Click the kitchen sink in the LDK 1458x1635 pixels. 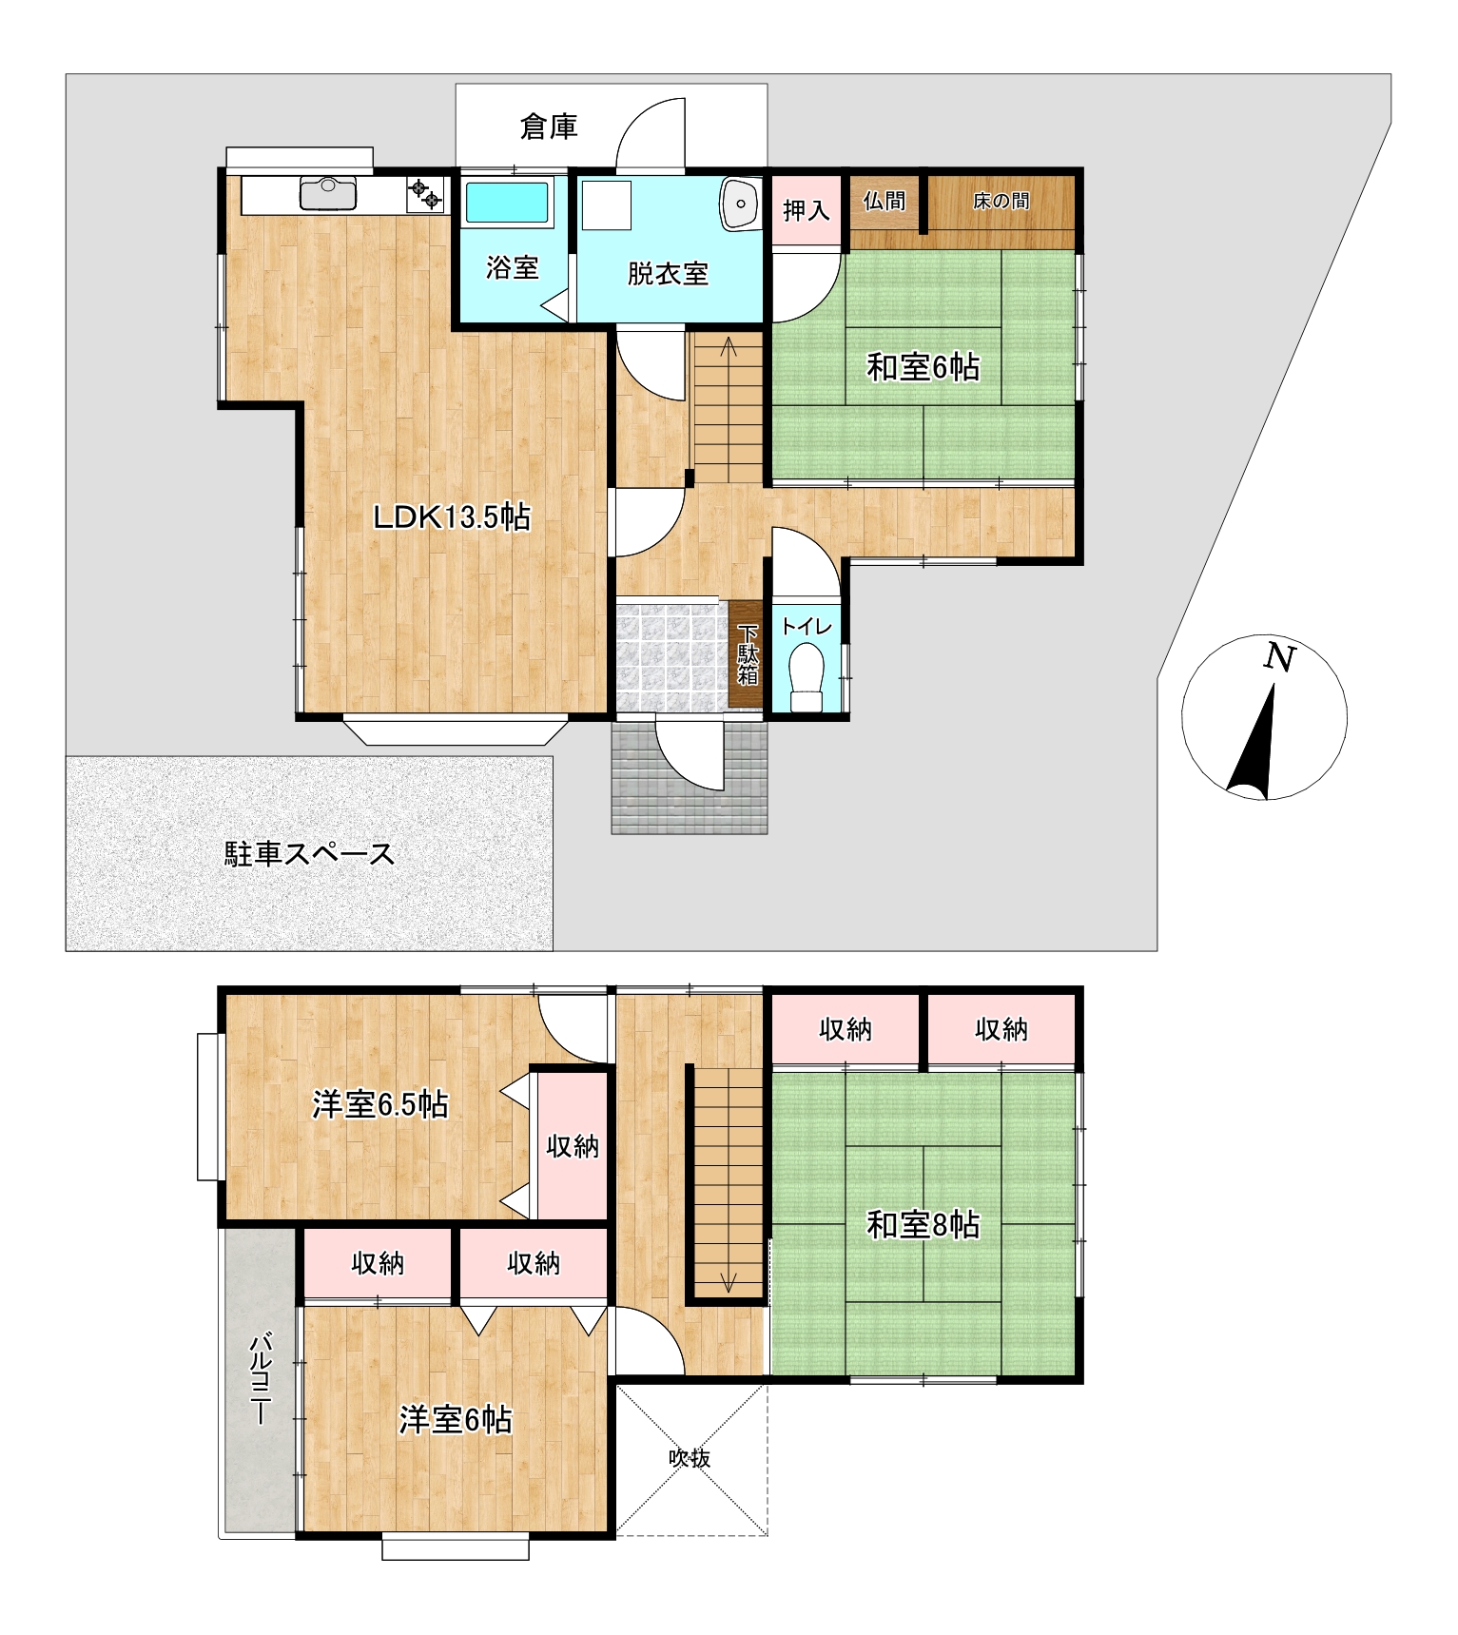[x=328, y=193]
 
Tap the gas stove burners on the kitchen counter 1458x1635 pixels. [x=425, y=194]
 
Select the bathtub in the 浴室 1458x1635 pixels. [x=507, y=203]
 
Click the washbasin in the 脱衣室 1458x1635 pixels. [x=740, y=204]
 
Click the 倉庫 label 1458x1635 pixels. [x=549, y=127]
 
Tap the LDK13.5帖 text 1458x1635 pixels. [x=452, y=517]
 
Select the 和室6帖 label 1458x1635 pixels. [x=923, y=367]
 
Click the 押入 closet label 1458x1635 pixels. [x=806, y=210]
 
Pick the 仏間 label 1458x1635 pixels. [x=885, y=201]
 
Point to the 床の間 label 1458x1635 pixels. [x=1001, y=201]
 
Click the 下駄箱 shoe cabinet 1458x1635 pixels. [x=748, y=654]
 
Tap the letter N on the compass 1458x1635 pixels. [x=1280, y=657]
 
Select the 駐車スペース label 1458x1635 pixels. [x=309, y=853]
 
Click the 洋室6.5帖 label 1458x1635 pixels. [x=380, y=1104]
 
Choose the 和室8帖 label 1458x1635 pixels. [x=923, y=1225]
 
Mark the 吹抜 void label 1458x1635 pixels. [x=690, y=1458]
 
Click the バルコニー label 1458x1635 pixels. [x=260, y=1380]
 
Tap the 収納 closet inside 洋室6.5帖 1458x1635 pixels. [x=572, y=1146]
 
